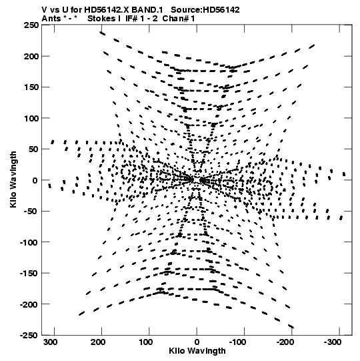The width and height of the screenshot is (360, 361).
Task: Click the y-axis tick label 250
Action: [31, 25]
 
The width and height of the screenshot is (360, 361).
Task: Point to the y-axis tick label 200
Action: [31, 56]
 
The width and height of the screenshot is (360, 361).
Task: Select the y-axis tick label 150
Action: [31, 87]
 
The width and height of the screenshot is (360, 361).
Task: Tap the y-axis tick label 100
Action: [31, 118]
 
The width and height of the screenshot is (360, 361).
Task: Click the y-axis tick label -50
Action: [29, 211]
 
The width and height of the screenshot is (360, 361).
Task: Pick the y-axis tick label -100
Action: [29, 242]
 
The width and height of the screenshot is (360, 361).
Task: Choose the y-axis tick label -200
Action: [29, 304]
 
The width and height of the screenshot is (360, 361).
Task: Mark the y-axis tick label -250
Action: [29, 335]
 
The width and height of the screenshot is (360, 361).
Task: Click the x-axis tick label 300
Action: [51, 342]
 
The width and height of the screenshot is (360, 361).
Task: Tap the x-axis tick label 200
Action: [98, 342]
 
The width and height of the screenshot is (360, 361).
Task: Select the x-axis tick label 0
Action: [197, 342]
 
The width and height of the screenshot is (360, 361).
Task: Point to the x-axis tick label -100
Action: [237, 342]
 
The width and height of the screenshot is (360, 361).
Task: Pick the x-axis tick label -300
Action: [333, 342]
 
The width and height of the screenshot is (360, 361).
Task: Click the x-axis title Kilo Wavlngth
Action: [197, 351]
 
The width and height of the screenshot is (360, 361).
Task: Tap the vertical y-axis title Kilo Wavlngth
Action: [13, 179]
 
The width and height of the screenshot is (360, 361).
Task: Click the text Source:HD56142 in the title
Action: [205, 10]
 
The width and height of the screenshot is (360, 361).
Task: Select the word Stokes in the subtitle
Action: [101, 19]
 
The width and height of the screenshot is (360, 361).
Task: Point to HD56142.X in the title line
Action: [107, 10]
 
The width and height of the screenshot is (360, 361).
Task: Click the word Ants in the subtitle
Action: [51, 19]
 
